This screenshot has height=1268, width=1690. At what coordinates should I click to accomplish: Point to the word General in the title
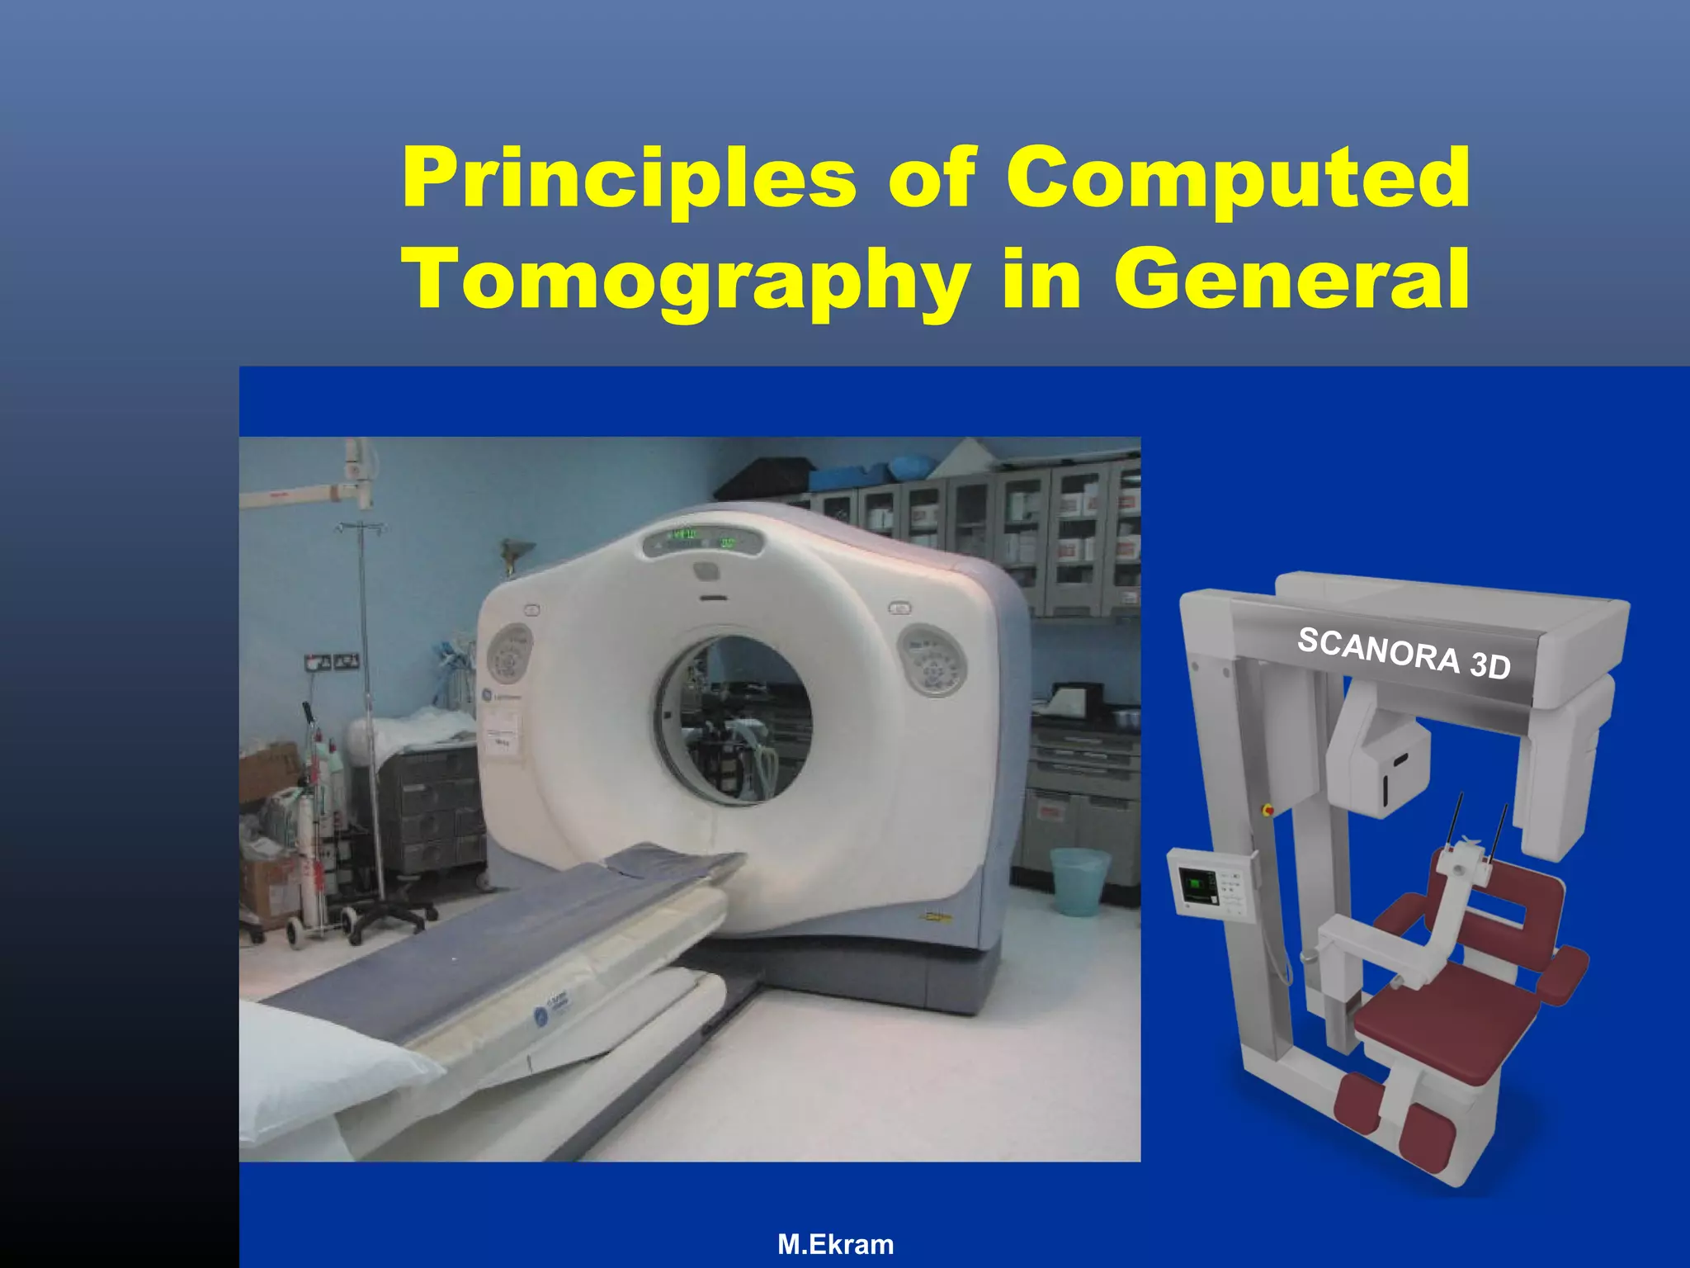point(1291,279)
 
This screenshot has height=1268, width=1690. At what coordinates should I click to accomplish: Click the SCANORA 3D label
point(1404,653)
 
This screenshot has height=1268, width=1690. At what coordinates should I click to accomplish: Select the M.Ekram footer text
point(835,1244)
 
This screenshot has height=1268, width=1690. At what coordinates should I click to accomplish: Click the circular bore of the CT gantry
point(734,719)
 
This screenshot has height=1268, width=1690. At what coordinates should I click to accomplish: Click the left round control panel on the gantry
point(509,653)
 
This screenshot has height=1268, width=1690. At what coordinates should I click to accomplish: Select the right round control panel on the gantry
point(932,660)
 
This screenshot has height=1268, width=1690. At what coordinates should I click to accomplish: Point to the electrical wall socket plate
point(332,661)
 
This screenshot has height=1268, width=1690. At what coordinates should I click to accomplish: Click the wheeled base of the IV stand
point(388,916)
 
